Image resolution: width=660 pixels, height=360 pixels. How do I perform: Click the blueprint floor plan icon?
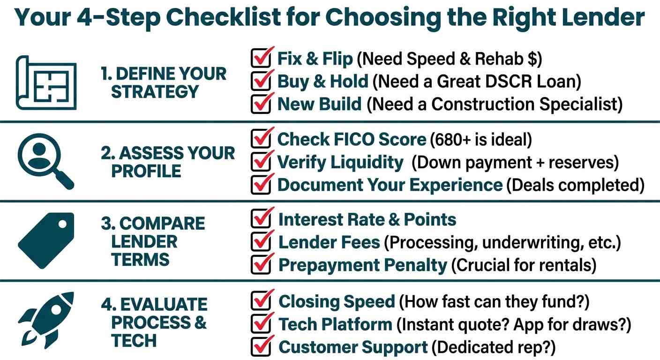(x=46, y=83)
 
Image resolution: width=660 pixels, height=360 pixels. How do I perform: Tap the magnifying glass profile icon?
(x=45, y=161)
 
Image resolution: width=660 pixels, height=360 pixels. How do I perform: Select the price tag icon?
(x=46, y=240)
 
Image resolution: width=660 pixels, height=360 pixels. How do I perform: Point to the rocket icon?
(x=46, y=320)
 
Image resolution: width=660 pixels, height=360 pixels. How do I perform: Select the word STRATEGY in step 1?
(x=155, y=91)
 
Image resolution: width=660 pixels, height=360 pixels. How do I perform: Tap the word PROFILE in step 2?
(x=146, y=171)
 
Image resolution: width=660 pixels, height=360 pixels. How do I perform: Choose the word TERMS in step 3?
(x=140, y=260)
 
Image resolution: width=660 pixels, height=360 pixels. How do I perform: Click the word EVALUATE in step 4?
(x=164, y=304)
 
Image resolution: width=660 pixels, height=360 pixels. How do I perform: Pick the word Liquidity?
(x=367, y=163)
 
